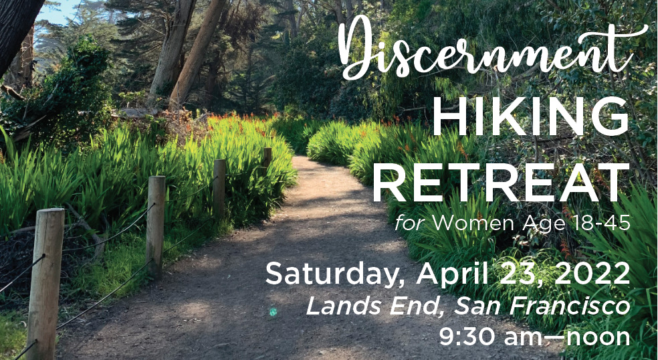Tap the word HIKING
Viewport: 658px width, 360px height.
530,116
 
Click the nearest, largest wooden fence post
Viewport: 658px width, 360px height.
45,284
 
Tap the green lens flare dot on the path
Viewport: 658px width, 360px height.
273,311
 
